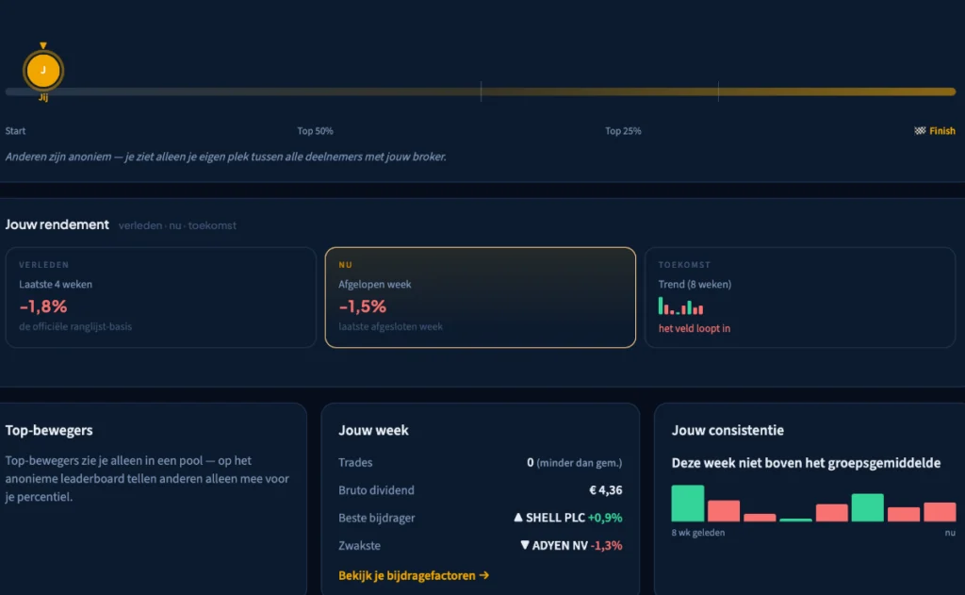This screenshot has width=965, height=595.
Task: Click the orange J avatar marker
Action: [x=43, y=70]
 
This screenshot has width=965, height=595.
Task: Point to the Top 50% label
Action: [x=315, y=130]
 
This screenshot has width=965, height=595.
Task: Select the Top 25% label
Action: [x=623, y=130]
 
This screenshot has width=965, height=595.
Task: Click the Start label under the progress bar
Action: [x=15, y=130]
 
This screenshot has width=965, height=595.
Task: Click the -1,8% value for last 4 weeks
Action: [x=43, y=306]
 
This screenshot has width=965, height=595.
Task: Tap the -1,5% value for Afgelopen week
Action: [x=363, y=306]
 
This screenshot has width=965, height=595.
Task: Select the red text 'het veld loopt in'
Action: [x=695, y=328]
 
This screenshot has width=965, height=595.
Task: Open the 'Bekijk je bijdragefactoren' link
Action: [x=414, y=575]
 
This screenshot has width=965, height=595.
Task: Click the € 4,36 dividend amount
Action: [x=606, y=490]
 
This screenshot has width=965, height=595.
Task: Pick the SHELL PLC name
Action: [x=555, y=518]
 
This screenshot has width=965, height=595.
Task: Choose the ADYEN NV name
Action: [x=560, y=545]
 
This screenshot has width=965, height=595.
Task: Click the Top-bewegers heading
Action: [x=49, y=430]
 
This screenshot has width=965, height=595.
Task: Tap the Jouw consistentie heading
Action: [x=728, y=430]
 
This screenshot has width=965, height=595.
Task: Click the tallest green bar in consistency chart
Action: [x=687, y=504]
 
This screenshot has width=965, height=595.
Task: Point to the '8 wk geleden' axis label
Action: [x=698, y=533]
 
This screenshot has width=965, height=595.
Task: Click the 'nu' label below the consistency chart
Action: [x=950, y=533]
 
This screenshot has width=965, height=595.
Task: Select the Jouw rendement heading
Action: [x=57, y=224]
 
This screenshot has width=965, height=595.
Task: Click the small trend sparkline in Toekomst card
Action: [x=680, y=306]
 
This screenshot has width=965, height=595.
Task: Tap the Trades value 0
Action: [x=531, y=463]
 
